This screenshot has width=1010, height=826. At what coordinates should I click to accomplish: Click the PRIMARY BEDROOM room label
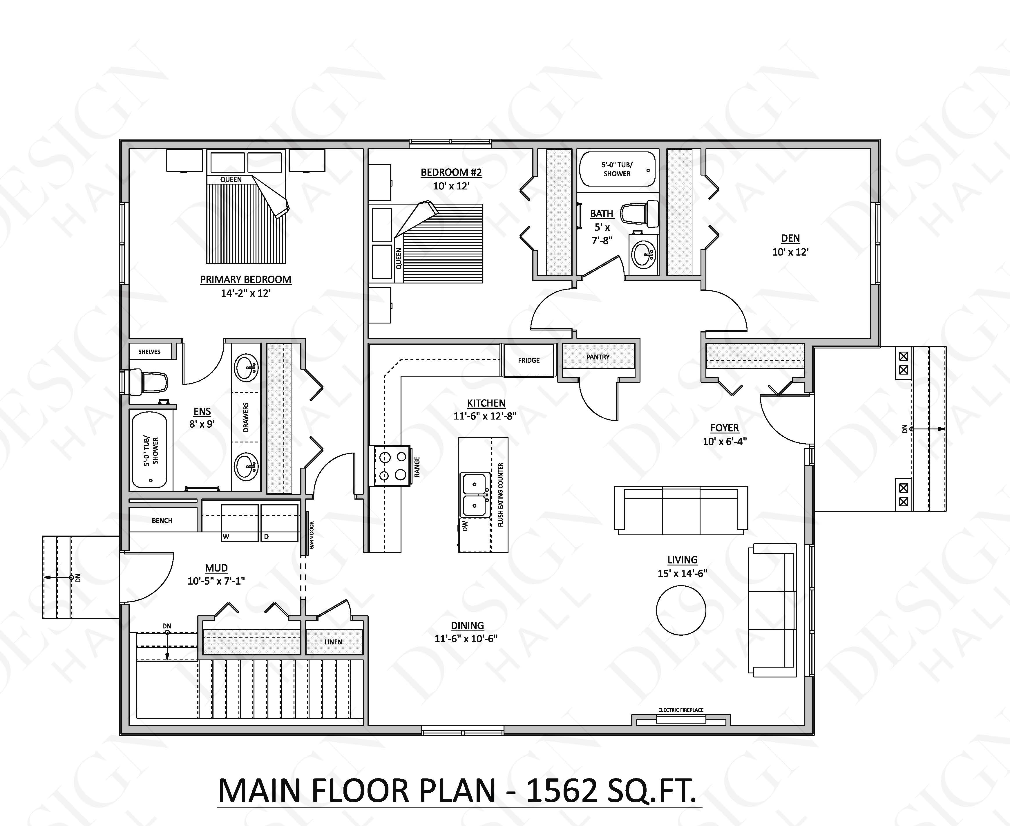tap(245, 279)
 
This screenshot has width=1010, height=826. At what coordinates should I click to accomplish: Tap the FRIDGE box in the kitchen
tap(528, 360)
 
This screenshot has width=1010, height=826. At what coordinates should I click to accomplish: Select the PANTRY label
tap(598, 357)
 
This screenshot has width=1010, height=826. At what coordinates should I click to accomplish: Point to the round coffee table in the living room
tap(681, 610)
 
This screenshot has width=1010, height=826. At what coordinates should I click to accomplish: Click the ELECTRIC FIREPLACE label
tap(681, 710)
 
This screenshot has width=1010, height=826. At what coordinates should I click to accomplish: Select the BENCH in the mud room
tap(162, 520)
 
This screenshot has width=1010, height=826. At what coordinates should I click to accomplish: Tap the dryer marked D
tap(279, 523)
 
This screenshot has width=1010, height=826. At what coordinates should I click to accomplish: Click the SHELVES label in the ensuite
tap(149, 352)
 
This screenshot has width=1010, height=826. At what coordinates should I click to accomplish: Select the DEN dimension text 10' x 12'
tap(790, 252)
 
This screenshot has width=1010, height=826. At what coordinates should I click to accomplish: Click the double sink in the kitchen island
tap(474, 495)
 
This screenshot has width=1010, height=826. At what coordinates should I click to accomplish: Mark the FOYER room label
tap(725, 428)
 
